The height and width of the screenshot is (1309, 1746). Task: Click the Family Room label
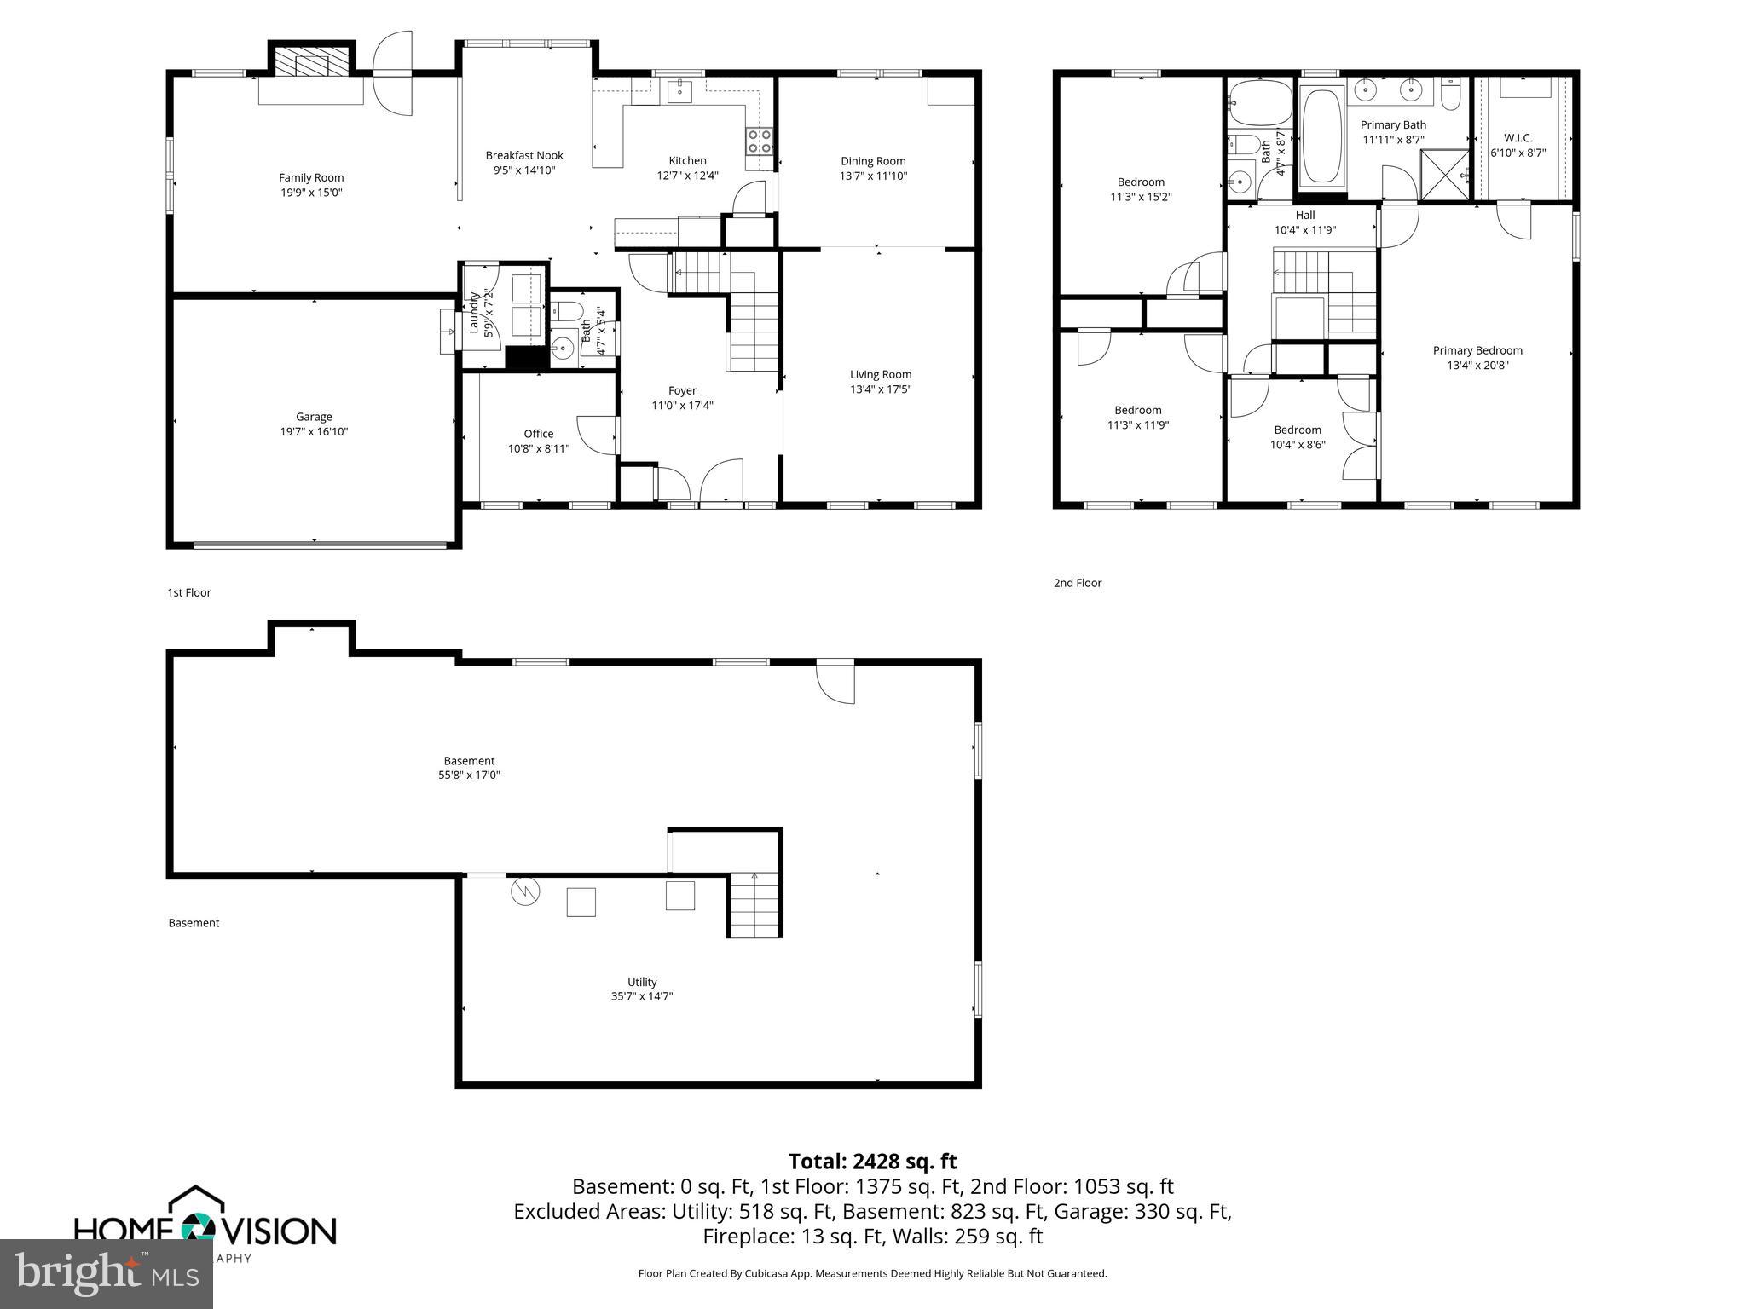pos(311,177)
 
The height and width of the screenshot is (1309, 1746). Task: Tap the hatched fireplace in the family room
pos(311,61)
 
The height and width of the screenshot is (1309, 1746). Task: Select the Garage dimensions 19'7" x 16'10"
pos(314,431)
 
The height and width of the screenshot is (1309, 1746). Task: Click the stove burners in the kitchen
pos(759,141)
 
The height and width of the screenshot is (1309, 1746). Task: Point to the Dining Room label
pos(873,161)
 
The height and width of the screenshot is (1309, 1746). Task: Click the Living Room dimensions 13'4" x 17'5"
pos(881,389)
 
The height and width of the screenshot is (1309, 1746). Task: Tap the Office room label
pos(538,434)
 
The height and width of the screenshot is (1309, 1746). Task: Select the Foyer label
pos(682,390)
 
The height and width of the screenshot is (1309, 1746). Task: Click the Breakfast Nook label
pos(524,155)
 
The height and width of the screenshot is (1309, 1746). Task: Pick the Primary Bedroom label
pos(1477,350)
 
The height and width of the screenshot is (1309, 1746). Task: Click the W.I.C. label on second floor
pos(1518,138)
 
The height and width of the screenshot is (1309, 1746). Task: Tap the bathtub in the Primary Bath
pos(1321,136)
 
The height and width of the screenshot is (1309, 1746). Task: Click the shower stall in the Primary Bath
pos(1444,176)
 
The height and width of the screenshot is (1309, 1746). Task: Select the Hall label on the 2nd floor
pos(1304,216)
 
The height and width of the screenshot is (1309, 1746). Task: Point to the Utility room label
pos(642,982)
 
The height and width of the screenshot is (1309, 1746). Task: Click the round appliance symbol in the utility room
pos(525,892)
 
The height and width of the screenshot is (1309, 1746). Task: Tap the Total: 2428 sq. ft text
pos(872,1162)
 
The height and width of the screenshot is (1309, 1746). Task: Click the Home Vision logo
pos(205,1228)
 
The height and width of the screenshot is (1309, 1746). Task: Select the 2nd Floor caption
pos(1078,583)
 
